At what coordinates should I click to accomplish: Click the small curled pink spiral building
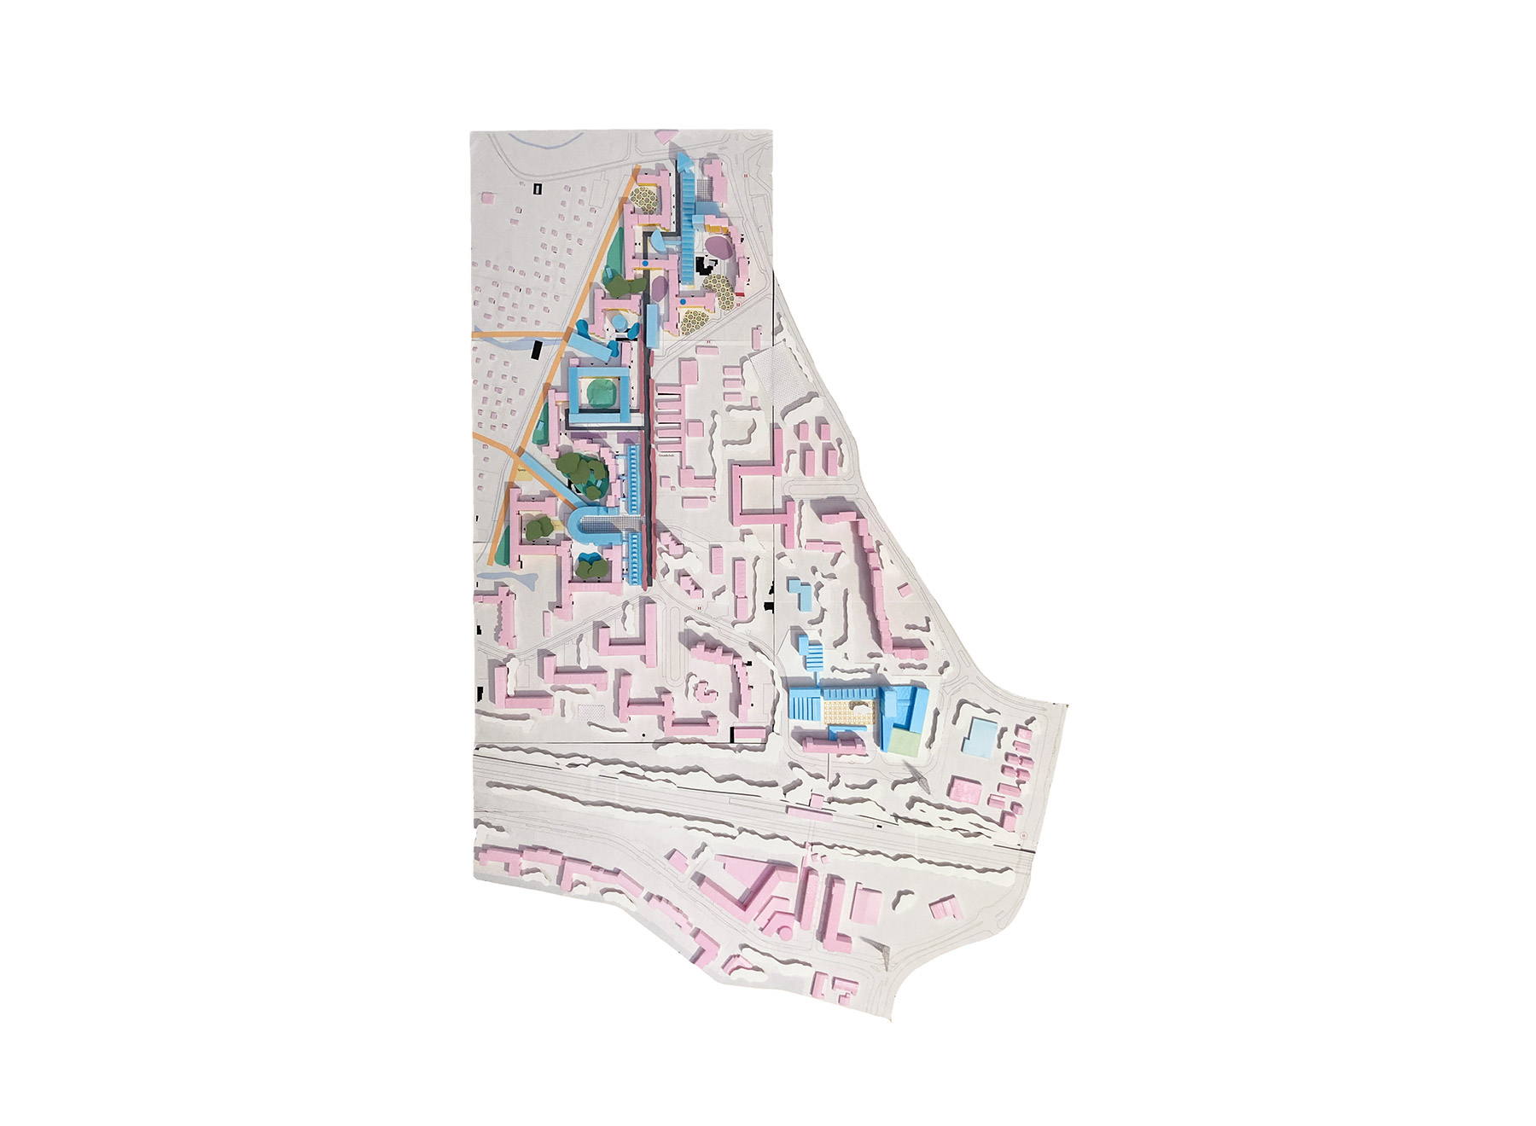(x=704, y=688)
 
